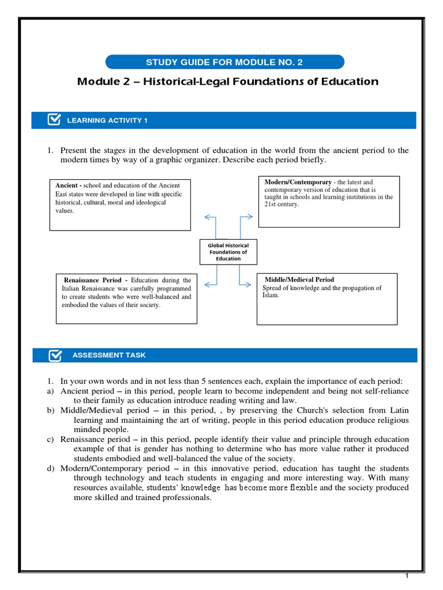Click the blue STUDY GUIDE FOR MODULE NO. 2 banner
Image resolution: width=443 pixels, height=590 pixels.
(224, 62)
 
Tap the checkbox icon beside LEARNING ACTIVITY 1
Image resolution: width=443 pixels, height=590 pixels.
(54, 120)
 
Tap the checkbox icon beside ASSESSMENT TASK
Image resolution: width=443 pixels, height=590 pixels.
(54, 355)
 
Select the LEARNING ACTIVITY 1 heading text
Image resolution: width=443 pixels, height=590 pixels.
(108, 120)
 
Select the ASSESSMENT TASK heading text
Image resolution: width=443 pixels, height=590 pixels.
(109, 355)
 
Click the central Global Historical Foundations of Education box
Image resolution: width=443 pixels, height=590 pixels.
(228, 252)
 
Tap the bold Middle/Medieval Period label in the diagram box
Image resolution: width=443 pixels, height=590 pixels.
(299, 279)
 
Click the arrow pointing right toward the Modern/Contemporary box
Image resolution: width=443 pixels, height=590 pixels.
(247, 217)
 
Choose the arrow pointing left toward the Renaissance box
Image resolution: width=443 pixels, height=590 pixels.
(208, 284)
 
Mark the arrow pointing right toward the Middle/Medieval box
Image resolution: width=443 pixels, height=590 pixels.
(247, 284)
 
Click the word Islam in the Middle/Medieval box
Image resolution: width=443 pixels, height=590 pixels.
(270, 296)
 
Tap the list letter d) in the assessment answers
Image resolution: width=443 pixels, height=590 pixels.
(51, 469)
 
